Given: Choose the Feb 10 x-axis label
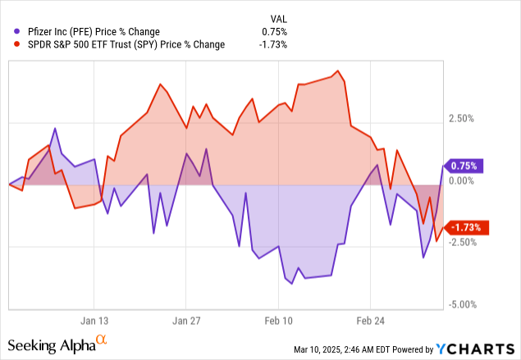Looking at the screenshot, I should pyautogui.click(x=278, y=321).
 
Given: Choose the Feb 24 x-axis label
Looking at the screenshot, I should pyautogui.click(x=370, y=321).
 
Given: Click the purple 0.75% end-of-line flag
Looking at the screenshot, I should pyautogui.click(x=466, y=166).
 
